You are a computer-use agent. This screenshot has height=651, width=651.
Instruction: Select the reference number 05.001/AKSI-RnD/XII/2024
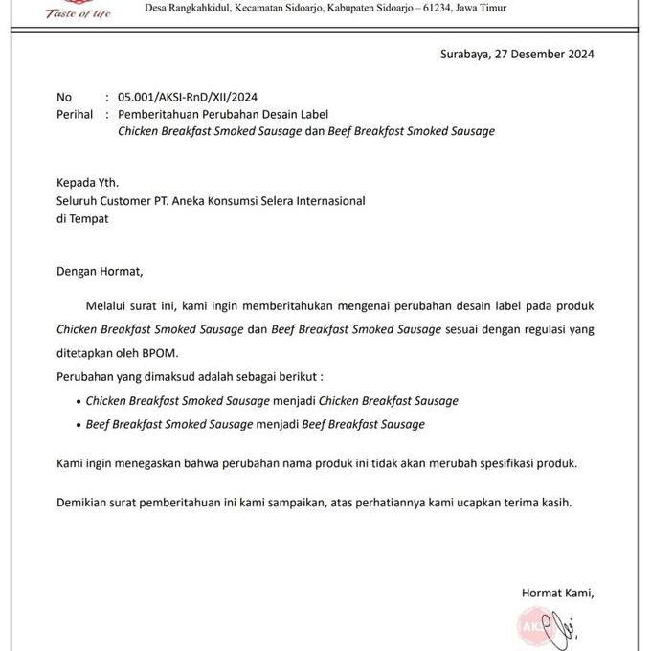(187, 98)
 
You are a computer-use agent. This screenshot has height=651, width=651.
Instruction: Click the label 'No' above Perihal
(64, 98)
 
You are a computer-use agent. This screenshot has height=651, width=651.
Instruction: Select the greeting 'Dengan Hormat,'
(99, 271)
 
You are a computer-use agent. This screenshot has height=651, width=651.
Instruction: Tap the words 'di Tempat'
(82, 218)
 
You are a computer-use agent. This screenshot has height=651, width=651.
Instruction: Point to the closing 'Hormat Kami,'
(557, 594)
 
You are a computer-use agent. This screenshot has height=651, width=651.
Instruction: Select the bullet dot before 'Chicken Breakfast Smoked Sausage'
(78, 402)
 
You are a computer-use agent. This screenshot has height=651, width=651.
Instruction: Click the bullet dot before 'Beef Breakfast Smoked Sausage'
(78, 425)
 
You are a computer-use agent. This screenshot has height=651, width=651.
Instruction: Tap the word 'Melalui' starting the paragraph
(109, 306)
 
